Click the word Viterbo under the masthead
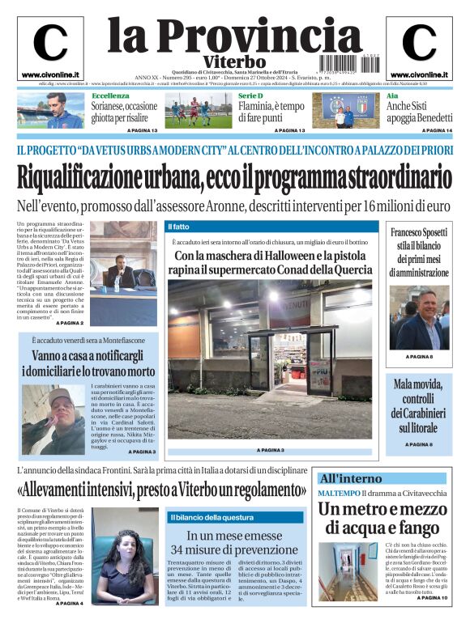coord(235,62)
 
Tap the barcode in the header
coord(346,62)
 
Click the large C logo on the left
coord(50,44)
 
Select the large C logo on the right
coord(419,44)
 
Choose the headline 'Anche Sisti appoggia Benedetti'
coord(419,112)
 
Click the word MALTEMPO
coord(338,493)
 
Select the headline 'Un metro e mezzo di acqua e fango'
coord(382,519)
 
